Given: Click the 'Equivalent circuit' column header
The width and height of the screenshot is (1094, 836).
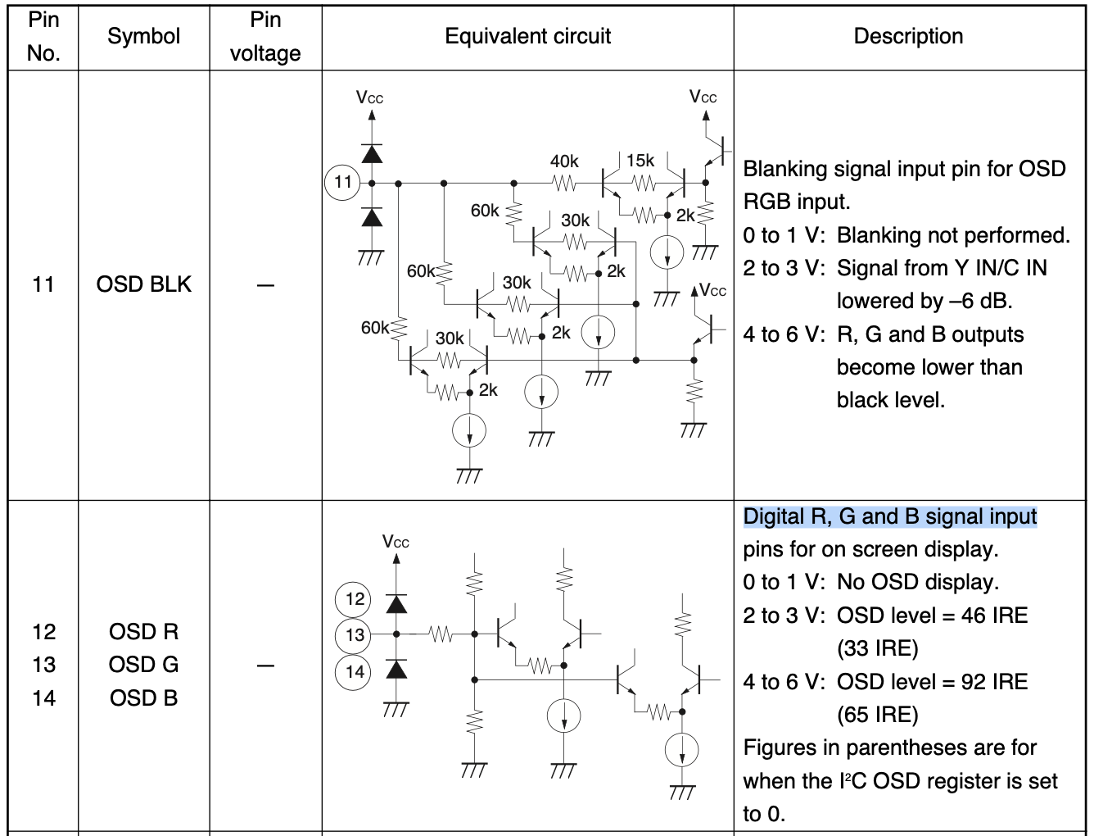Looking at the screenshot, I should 527,36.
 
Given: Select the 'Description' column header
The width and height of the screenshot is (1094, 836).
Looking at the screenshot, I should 908,36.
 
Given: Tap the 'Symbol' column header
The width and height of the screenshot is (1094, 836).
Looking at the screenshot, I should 143,36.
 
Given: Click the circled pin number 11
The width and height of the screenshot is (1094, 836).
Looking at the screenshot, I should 343,182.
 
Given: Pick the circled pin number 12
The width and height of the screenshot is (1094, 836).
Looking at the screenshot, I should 354,598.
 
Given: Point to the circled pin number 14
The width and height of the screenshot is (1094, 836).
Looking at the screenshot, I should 354,672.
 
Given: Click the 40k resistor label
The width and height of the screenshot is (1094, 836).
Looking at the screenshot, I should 564,161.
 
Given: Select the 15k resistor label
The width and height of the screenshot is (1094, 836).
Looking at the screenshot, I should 640,161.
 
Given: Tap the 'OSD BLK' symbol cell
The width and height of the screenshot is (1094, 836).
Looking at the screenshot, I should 143,284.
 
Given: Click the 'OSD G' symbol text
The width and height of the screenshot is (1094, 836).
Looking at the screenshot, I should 143,664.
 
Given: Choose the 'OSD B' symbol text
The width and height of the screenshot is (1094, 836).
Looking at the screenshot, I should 143,697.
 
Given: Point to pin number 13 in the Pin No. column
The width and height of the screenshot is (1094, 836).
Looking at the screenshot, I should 44,664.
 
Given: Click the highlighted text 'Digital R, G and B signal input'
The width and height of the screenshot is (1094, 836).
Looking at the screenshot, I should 890,516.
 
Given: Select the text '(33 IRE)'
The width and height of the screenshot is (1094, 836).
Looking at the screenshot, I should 877,648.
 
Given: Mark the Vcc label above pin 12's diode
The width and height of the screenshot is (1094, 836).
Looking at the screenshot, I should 396,542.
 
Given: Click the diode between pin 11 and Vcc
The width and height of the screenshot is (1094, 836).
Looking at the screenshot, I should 372,153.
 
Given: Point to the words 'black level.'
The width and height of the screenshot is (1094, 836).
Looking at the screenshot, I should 890,400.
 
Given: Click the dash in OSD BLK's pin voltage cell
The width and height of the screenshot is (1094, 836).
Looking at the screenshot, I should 265,285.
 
